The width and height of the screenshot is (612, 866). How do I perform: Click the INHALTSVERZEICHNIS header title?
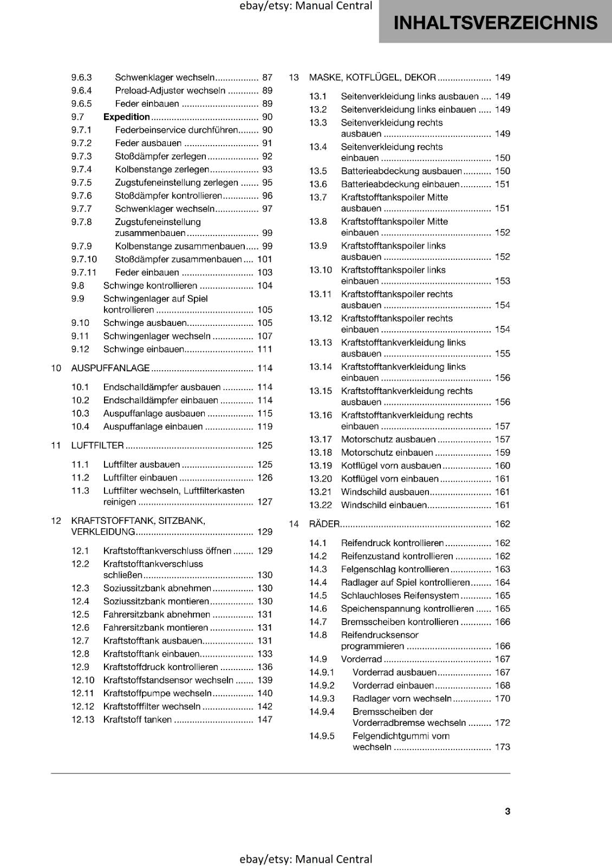(496, 23)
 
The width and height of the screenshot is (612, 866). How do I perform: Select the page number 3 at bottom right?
(507, 811)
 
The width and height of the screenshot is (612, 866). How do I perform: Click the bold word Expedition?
(127, 117)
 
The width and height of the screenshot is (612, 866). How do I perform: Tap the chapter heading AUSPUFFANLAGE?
(110, 368)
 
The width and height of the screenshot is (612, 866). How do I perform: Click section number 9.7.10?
(84, 259)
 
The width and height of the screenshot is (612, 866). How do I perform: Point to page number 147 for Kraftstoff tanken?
(265, 719)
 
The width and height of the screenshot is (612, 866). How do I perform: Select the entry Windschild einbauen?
(383, 505)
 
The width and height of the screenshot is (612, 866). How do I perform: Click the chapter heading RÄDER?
(324, 524)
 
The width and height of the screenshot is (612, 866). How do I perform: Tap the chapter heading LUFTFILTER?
(97, 445)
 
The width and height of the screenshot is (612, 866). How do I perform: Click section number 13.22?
(320, 505)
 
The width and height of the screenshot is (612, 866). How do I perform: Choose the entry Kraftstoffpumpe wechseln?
(157, 693)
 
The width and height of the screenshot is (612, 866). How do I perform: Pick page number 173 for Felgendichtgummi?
(502, 747)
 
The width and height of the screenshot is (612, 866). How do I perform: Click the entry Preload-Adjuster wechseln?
(170, 91)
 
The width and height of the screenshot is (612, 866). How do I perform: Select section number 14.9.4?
(322, 712)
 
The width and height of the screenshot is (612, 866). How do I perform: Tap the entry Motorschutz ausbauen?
(388, 439)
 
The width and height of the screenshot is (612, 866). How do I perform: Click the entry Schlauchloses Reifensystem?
(400, 595)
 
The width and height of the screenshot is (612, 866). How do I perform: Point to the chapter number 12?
(56, 521)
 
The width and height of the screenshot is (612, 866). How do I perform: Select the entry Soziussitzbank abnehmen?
(157, 588)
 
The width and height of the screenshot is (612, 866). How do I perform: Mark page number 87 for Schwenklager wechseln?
(267, 77)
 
